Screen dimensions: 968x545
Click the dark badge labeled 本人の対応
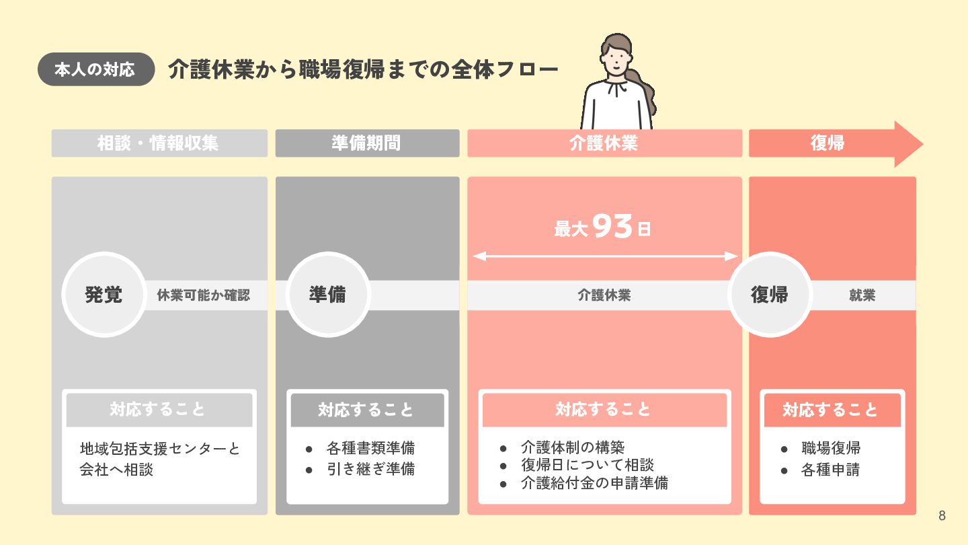tap(96, 69)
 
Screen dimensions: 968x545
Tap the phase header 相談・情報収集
tap(159, 143)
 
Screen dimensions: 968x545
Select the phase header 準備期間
tap(366, 143)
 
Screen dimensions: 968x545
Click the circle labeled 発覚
tap(104, 295)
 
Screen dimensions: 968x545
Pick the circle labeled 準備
tap(328, 295)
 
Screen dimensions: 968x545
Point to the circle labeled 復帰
tap(769, 295)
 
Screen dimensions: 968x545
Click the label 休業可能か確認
tap(203, 295)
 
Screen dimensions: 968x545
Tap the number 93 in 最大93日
tap(613, 227)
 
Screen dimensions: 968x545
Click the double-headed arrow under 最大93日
tap(605, 256)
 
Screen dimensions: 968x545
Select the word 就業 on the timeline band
tap(862, 295)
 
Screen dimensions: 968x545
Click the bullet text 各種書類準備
tap(370, 448)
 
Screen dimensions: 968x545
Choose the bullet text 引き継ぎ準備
tap(370, 469)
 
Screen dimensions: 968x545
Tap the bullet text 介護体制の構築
tap(572, 447)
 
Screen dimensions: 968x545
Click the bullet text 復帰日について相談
tap(587, 465)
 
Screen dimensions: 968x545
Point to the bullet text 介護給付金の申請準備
tap(594, 482)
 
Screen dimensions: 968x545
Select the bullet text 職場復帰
tap(830, 448)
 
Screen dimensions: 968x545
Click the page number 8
tap(942, 516)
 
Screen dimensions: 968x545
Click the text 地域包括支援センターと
tap(159, 448)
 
